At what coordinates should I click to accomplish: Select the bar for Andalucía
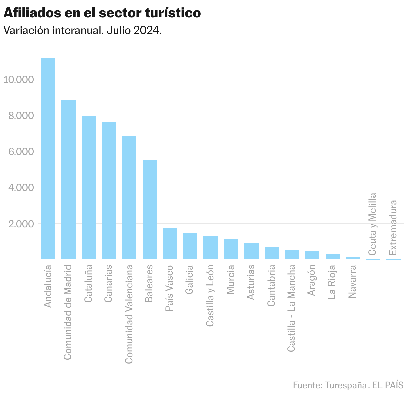(x=48, y=158)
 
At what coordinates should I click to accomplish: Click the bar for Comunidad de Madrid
(x=68, y=179)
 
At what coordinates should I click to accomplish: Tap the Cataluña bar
(x=89, y=187)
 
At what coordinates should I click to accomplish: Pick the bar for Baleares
(x=150, y=210)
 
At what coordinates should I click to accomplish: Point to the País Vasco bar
(x=170, y=243)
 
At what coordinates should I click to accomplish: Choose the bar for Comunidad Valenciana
(x=129, y=197)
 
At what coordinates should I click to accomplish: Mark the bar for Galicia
(x=190, y=246)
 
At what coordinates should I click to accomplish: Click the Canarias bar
(x=109, y=190)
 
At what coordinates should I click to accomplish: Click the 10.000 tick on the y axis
(x=19, y=79)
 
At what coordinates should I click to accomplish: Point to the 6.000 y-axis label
(x=19, y=151)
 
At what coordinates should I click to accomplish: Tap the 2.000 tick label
(x=19, y=224)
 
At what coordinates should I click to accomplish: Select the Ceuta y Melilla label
(x=372, y=224)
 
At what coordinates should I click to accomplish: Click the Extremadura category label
(x=393, y=227)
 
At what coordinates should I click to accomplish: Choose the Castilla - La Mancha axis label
(x=291, y=308)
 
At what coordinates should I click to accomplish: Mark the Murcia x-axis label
(x=231, y=279)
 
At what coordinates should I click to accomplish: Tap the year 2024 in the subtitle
(x=147, y=31)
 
